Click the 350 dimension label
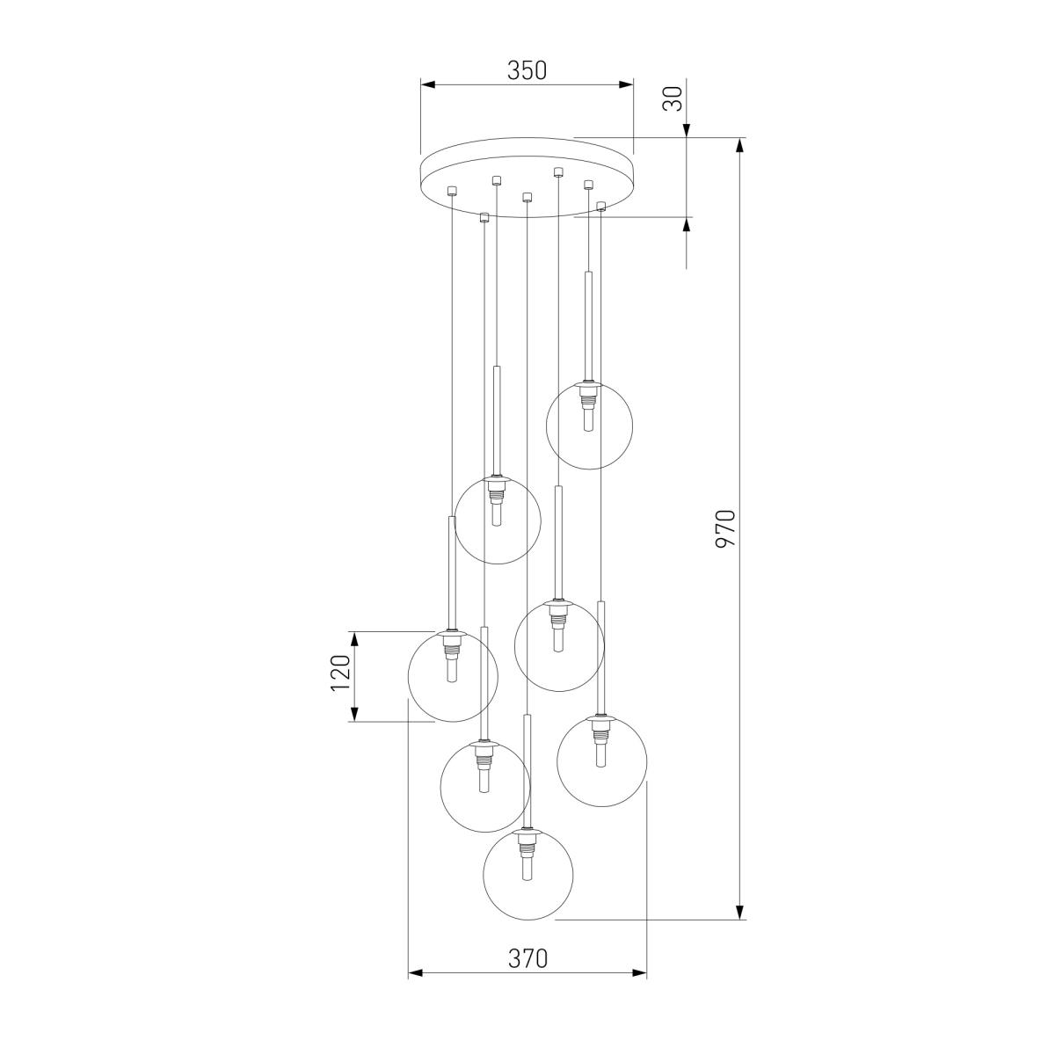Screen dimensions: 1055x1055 point(527,70)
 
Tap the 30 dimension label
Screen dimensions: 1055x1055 point(673,98)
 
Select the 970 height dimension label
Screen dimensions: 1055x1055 point(726,528)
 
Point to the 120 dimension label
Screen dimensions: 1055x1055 point(340,673)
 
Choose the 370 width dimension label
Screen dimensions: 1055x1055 point(527,958)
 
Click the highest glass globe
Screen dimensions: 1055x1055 point(589,426)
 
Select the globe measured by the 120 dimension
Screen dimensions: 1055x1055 point(453,677)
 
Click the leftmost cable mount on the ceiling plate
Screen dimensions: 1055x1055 point(452,191)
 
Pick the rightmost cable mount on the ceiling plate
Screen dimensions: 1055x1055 point(601,207)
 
